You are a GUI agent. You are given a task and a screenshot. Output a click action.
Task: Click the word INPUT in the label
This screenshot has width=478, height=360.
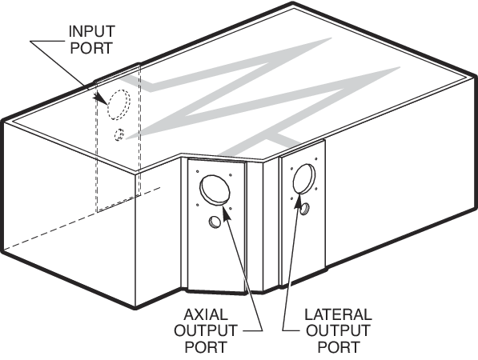tap(92, 31)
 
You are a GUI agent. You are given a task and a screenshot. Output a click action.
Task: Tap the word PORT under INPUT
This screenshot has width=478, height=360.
tap(91, 48)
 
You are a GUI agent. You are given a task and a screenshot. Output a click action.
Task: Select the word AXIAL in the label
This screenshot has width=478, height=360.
tap(206, 314)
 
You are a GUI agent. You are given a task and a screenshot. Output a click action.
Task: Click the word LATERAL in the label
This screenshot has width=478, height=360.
tap(339, 314)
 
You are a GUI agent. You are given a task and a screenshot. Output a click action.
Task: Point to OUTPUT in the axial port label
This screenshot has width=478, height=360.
tap(206, 330)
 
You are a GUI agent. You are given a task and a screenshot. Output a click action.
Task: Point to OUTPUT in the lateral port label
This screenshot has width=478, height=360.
tap(338, 330)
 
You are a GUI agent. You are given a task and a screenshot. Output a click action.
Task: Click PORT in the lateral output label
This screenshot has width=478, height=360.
tap(339, 347)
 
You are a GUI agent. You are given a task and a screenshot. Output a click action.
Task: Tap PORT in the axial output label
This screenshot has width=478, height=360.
tap(207, 347)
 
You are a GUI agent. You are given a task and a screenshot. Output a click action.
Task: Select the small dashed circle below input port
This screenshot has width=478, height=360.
tap(119, 134)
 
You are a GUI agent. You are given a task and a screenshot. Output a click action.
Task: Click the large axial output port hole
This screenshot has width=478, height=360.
tap(215, 190)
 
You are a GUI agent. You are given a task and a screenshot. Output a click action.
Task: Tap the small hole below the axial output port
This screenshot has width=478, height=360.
tap(215, 222)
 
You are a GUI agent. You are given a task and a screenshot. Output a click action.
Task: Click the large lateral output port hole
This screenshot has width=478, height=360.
tap(304, 178)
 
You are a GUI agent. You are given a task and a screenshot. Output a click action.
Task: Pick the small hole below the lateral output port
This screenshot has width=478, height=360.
tap(304, 209)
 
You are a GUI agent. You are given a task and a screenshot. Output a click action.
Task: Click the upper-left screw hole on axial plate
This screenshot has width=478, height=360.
tap(198, 171)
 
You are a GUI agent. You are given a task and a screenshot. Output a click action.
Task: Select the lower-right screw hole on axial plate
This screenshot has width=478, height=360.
tap(231, 209)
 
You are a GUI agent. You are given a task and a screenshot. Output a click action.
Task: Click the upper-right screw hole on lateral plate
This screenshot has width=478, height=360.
tap(316, 159)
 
